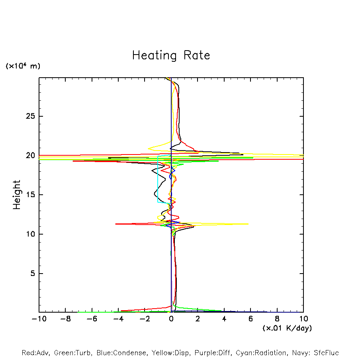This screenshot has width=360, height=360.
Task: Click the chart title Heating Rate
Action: pos(171,55)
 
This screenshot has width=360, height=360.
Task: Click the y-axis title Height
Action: pos(17,195)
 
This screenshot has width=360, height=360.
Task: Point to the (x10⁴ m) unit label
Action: pos(23,66)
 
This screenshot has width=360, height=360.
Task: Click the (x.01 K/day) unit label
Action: pos(287,328)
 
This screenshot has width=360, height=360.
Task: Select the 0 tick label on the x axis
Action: pos(171,319)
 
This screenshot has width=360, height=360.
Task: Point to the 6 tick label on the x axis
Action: pos(250,319)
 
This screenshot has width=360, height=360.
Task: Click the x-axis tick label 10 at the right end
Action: pos(303,319)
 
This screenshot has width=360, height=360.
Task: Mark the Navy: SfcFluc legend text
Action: pos(315,353)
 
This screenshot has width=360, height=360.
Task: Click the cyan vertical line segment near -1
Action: pos(158,179)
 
